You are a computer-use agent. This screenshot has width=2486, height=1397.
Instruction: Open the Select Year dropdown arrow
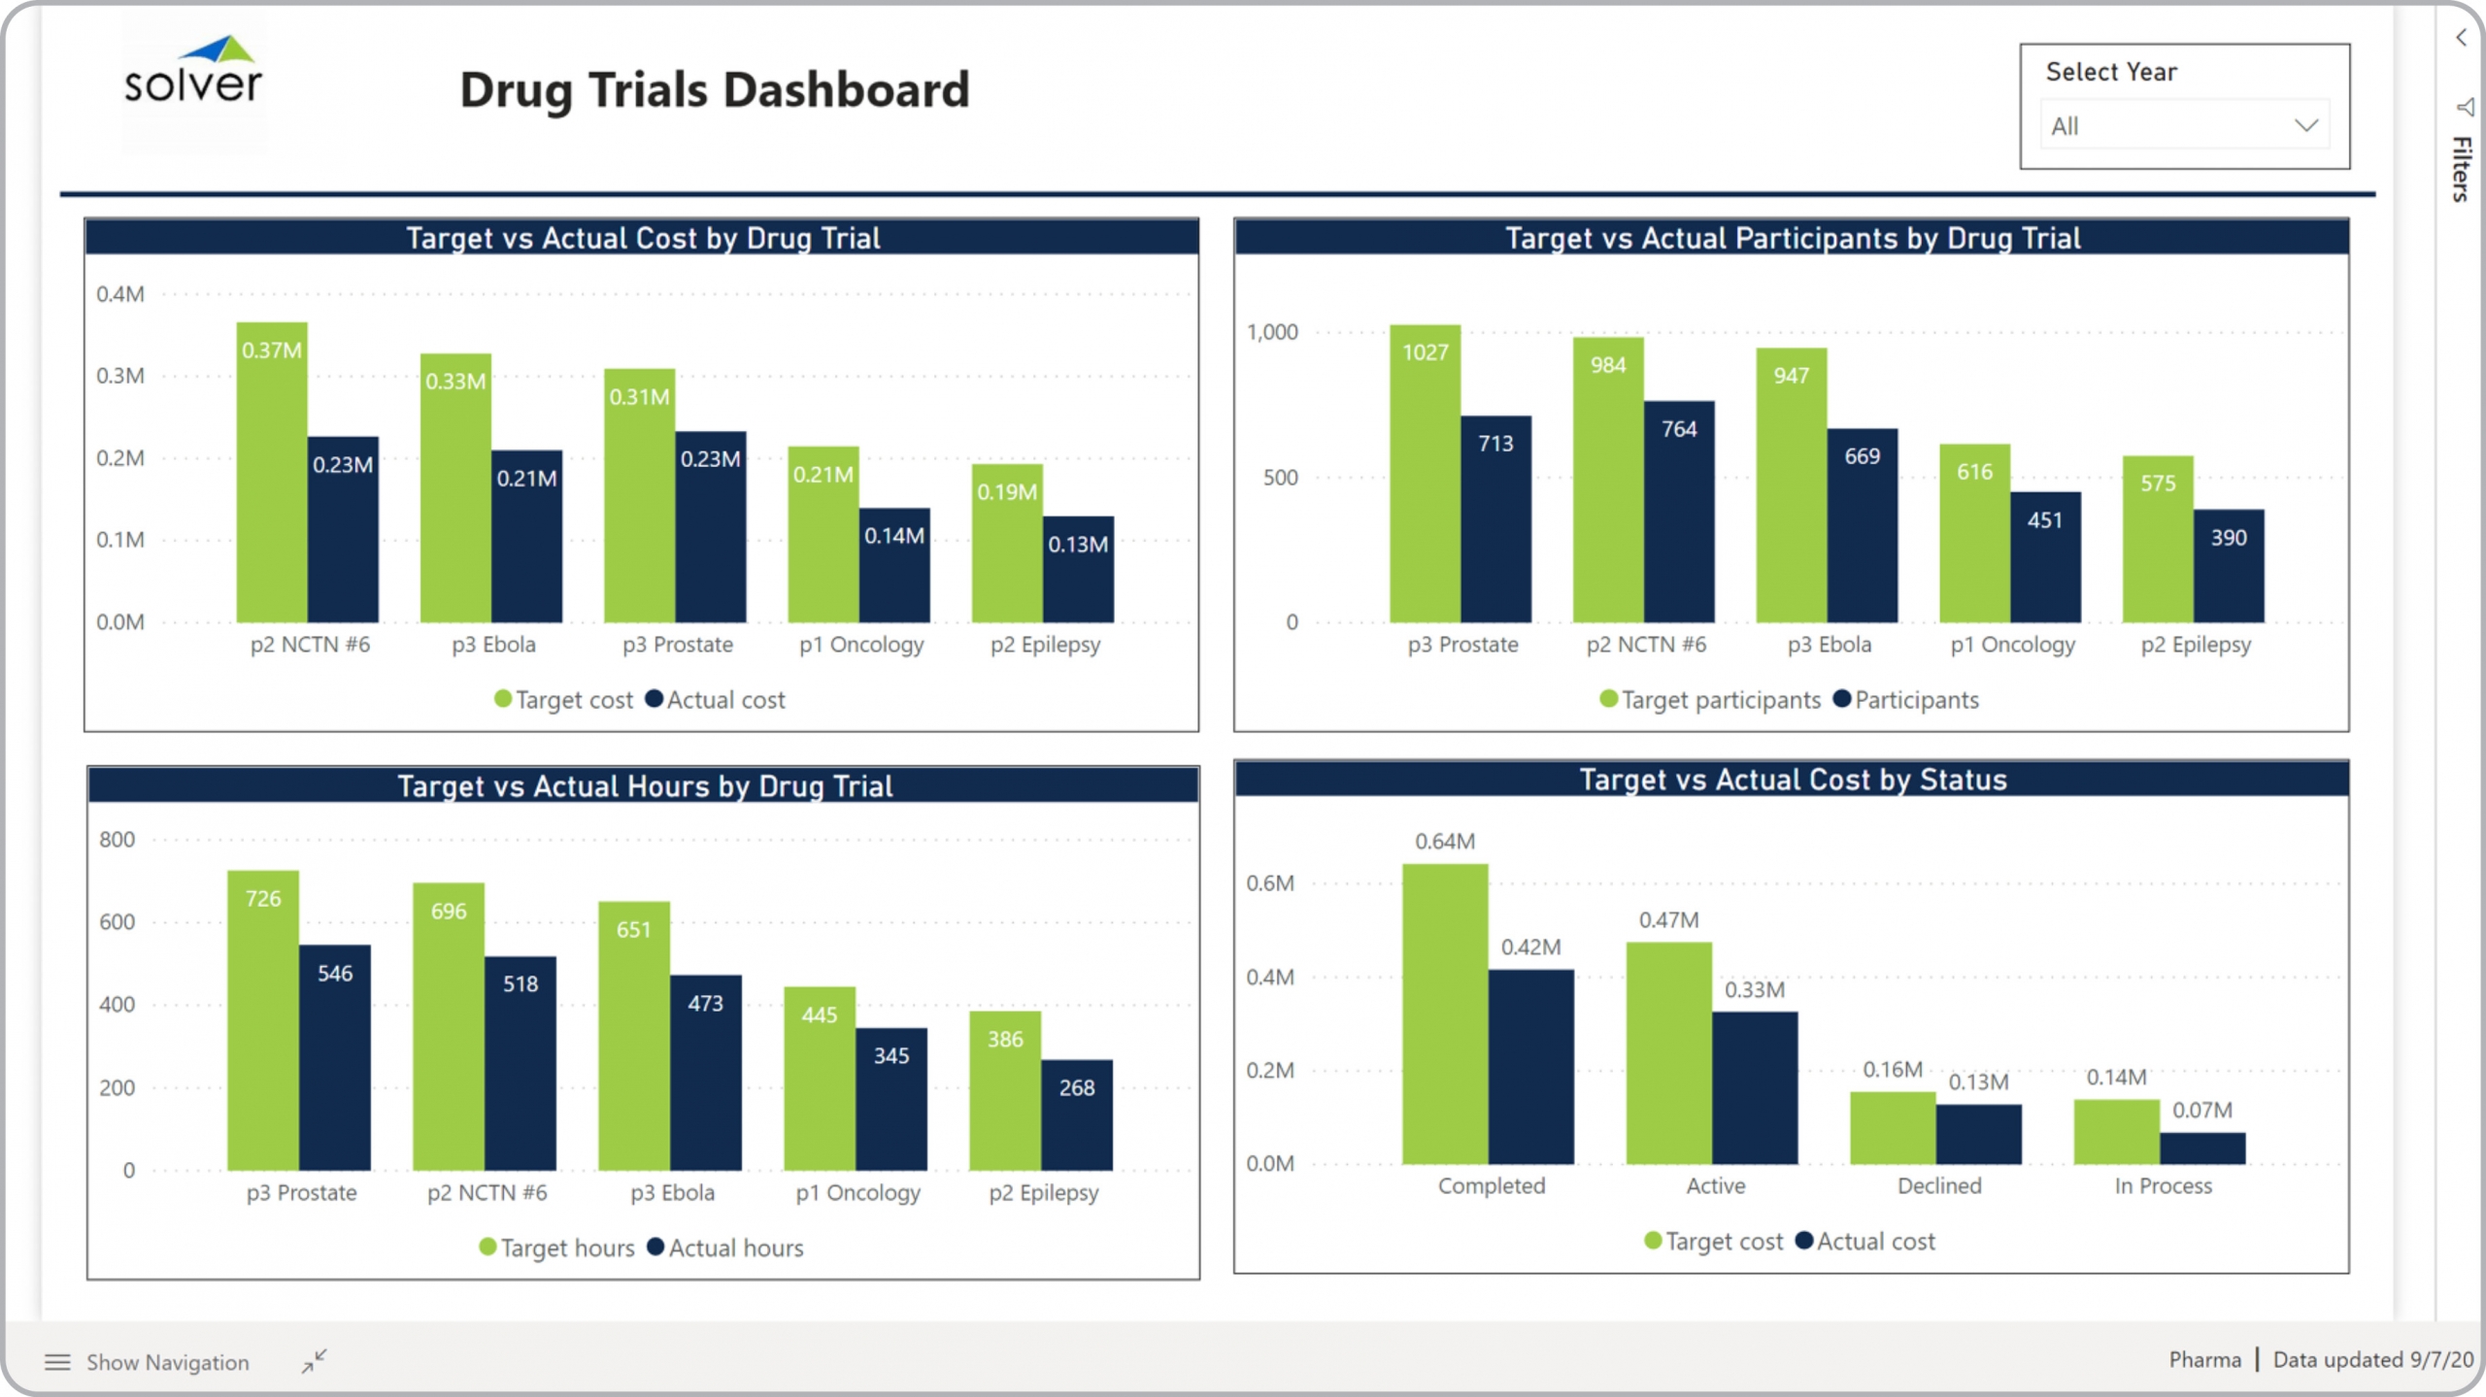(x=2305, y=125)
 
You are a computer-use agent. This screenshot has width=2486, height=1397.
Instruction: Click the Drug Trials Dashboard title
(x=714, y=90)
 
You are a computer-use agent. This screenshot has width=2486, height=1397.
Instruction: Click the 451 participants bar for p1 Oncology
(x=2045, y=557)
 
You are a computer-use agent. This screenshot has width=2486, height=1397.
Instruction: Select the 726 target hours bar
(x=263, y=1020)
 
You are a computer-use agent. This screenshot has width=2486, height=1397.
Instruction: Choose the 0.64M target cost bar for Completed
(x=1445, y=1014)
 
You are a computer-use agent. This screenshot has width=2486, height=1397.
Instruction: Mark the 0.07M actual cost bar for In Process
(x=2202, y=1148)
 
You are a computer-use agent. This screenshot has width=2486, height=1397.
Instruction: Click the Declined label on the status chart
(x=1939, y=1185)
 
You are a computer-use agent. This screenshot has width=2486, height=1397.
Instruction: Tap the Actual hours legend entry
(x=725, y=1247)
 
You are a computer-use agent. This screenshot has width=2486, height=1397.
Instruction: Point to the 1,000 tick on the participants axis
(x=1272, y=332)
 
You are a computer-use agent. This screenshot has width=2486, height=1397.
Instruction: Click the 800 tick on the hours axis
(x=118, y=840)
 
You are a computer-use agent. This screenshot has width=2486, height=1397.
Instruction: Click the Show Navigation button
(x=148, y=1362)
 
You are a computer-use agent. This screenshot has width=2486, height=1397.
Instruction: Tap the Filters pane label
(x=2462, y=169)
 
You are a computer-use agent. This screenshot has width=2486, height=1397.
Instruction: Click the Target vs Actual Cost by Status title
(x=1793, y=780)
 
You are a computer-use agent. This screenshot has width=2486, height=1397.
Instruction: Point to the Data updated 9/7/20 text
(x=2372, y=1359)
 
